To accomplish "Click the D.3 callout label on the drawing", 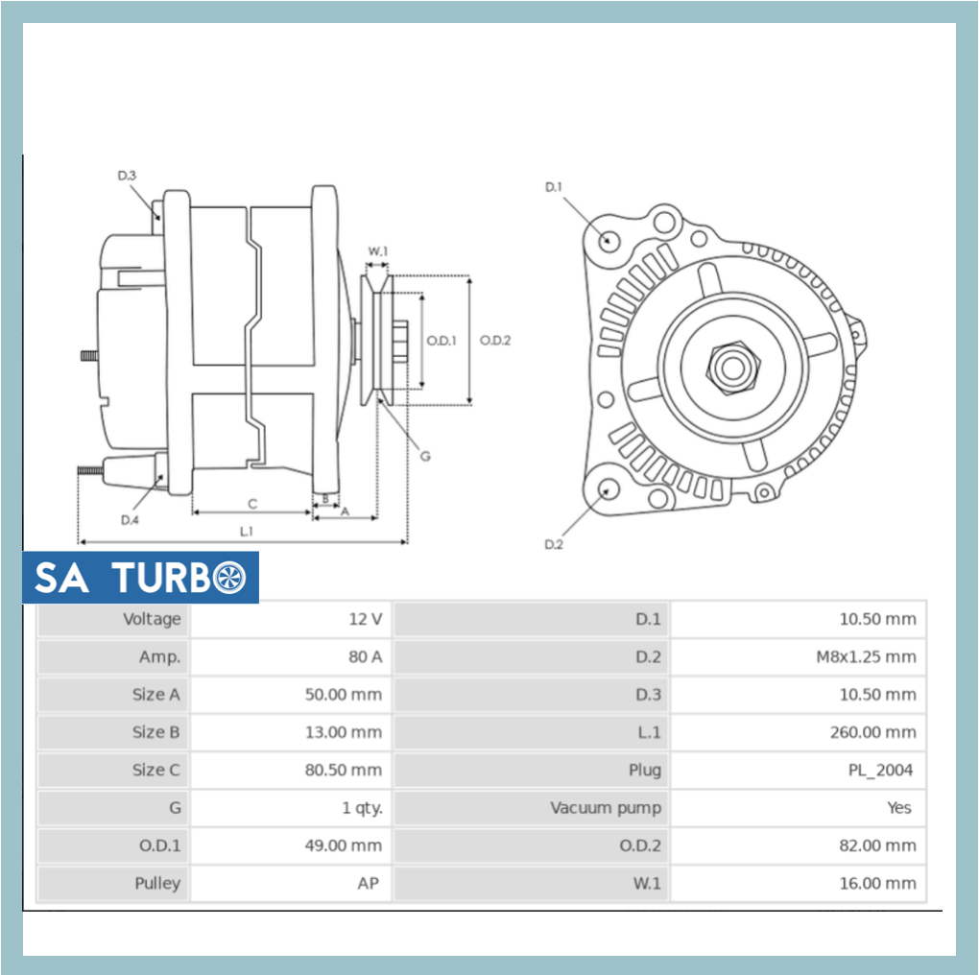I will point(127,176).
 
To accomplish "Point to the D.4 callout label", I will point(130,520).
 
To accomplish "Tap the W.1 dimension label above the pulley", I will point(377,251).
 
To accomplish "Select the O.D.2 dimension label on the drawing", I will point(495,340).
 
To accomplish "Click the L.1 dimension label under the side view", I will point(247,531).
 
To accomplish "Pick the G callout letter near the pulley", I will point(425,456).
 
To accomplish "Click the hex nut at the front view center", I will point(731,368).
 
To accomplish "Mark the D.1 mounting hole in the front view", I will point(608,239).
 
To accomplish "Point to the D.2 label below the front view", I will point(554,544).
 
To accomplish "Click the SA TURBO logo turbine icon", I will point(229,578).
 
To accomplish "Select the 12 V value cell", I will point(365,619).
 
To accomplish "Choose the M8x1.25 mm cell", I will point(859,657).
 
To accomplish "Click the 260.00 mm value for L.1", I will point(872,732).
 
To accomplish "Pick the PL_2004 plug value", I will point(880,770).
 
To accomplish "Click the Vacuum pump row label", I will point(605,808).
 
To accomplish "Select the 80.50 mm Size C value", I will point(343,770).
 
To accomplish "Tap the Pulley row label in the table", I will point(157,883).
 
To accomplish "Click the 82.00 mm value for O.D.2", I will point(877,845).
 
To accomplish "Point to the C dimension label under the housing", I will point(252,503).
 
